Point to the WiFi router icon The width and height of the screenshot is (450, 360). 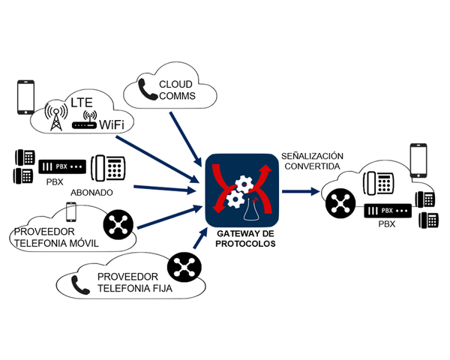88,124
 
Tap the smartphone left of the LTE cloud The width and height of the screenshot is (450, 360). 26,96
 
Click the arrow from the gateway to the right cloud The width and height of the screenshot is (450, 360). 300,191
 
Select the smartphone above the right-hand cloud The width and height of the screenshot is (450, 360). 418,157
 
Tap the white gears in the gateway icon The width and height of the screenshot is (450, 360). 244,191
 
